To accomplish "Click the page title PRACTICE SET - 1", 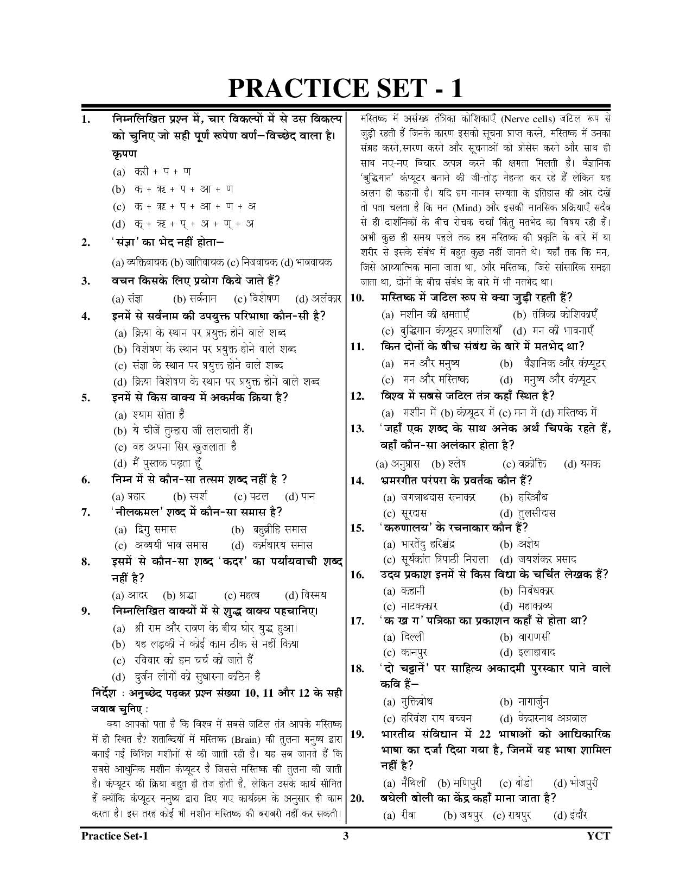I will point(345,88).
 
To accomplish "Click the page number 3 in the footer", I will point(345,836).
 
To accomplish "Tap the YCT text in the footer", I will point(598,836).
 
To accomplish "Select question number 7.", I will point(85,512).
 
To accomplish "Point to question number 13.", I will point(357,429).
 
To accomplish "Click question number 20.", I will point(357,798).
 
